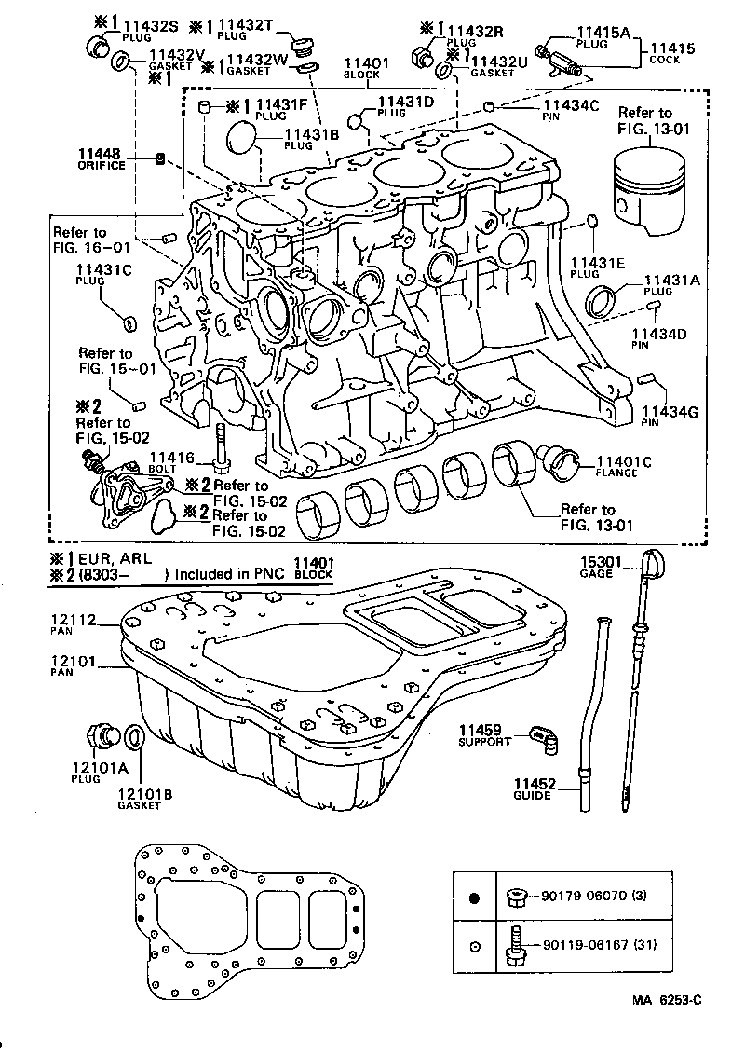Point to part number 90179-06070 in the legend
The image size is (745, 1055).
click(583, 896)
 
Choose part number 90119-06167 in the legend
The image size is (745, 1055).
click(583, 944)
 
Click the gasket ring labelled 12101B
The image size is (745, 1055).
click(134, 736)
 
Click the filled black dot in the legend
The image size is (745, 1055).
click(474, 897)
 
